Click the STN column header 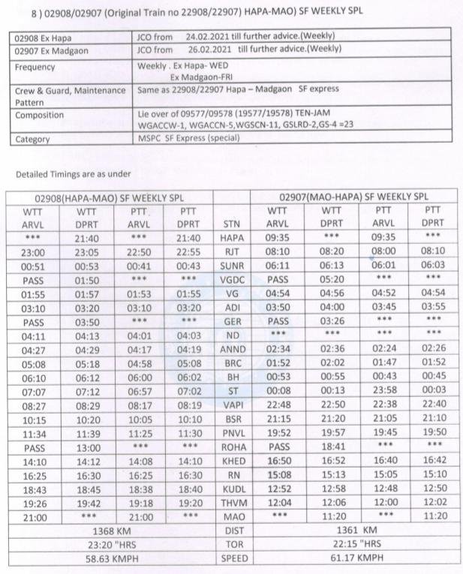click(x=232, y=222)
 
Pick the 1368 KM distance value click(x=110, y=530)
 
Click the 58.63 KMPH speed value click(x=110, y=558)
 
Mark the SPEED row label click(x=232, y=558)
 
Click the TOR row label click(x=232, y=544)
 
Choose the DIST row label click(x=232, y=530)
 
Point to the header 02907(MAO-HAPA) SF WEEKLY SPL click(x=354, y=197)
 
